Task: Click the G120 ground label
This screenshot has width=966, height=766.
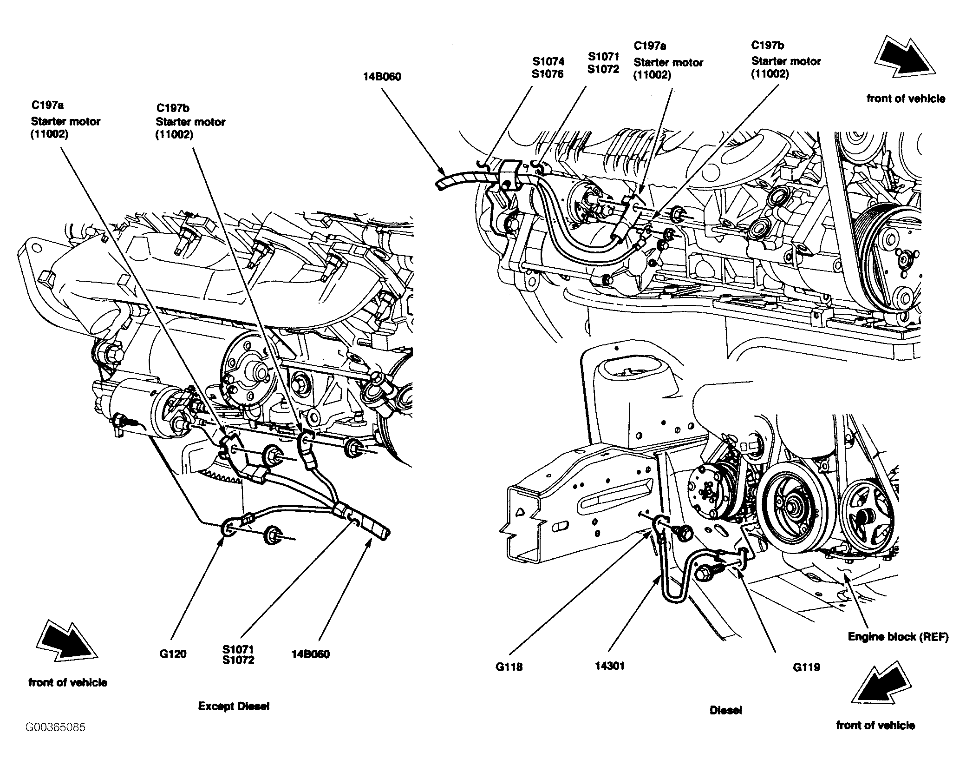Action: pyautogui.click(x=173, y=654)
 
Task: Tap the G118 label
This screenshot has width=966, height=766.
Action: pyautogui.click(x=509, y=667)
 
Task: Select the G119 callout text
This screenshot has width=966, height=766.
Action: pyautogui.click(x=806, y=667)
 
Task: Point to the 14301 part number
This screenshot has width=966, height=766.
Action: pyautogui.click(x=610, y=666)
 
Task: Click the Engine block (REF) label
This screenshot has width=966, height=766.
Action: pyautogui.click(x=898, y=636)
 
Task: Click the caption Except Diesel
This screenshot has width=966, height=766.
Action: pyautogui.click(x=234, y=706)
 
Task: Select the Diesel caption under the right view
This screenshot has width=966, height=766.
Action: pyautogui.click(x=725, y=710)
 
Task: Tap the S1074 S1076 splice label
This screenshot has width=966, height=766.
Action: pyautogui.click(x=548, y=67)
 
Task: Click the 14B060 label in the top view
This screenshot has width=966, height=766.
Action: pyautogui.click(x=382, y=77)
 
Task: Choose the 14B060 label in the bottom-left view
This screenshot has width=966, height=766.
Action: pyautogui.click(x=310, y=654)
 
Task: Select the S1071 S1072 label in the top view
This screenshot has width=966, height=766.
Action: pyautogui.click(x=603, y=63)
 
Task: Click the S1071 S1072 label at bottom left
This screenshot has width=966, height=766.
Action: pyautogui.click(x=238, y=654)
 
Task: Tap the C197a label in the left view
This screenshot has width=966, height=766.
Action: pyautogui.click(x=65, y=120)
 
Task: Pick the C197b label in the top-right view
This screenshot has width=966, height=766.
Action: pyautogui.click(x=786, y=59)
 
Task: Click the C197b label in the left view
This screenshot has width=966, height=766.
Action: pyautogui.click(x=190, y=121)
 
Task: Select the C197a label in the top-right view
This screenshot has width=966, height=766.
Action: pyautogui.click(x=668, y=60)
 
